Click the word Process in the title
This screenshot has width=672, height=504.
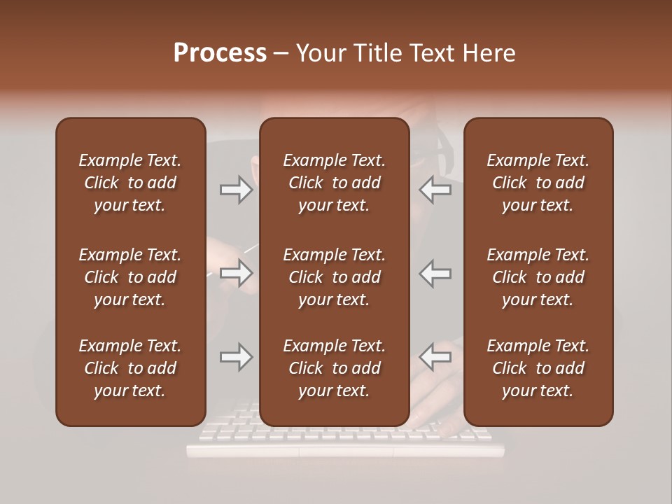pyautogui.click(x=220, y=53)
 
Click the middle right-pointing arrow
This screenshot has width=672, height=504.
pyautogui.click(x=237, y=273)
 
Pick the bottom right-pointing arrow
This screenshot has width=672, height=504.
pyautogui.click(x=237, y=357)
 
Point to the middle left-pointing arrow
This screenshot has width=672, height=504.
pyautogui.click(x=435, y=273)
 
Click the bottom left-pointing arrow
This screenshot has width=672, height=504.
pyautogui.click(x=435, y=357)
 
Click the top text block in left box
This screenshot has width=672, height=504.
pyautogui.click(x=130, y=183)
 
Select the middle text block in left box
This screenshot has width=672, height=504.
pyautogui.click(x=130, y=277)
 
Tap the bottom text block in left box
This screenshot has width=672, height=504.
pyautogui.click(x=130, y=368)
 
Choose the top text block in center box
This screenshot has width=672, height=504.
pyautogui.click(x=334, y=183)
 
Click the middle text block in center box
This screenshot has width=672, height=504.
pyautogui.click(x=334, y=277)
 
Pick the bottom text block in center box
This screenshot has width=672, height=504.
pyautogui.click(x=334, y=368)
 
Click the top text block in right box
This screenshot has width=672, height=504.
pyautogui.click(x=538, y=183)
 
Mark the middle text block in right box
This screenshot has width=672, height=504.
pyautogui.click(x=538, y=277)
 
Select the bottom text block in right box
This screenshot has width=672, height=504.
pyautogui.click(x=538, y=368)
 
